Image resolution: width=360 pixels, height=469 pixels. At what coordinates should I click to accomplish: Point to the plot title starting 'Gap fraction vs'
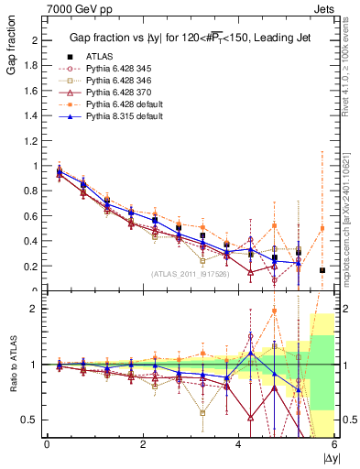coord(191,38)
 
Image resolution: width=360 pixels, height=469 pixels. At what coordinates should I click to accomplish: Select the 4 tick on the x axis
coord(239,445)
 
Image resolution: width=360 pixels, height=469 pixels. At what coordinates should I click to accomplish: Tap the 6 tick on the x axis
coord(334,445)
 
